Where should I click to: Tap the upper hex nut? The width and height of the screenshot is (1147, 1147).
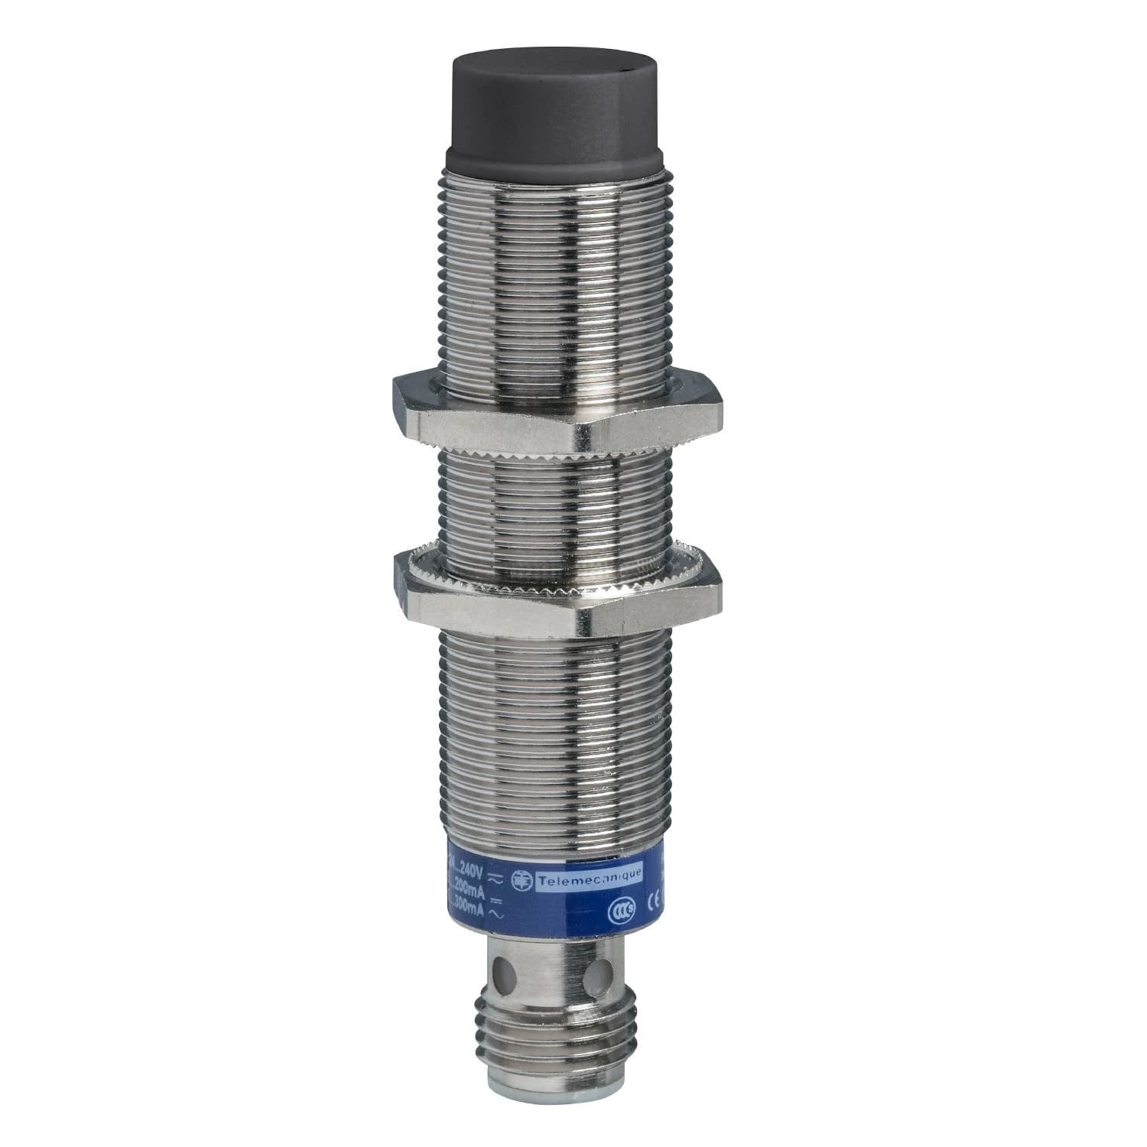(x=557, y=410)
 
